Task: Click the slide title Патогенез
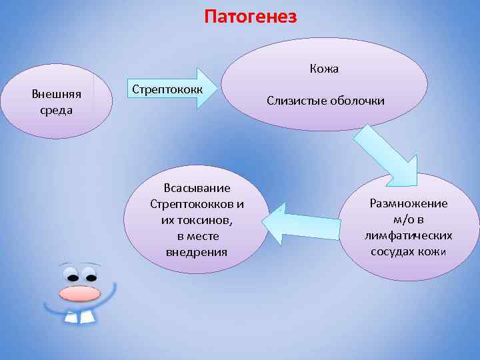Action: point(250,16)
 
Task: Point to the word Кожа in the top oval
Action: point(324,69)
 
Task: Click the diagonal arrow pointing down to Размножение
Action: point(385,155)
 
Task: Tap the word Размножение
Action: point(409,204)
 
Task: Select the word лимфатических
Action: point(409,235)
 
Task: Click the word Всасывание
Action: point(197,188)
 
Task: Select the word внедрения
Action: point(197,252)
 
